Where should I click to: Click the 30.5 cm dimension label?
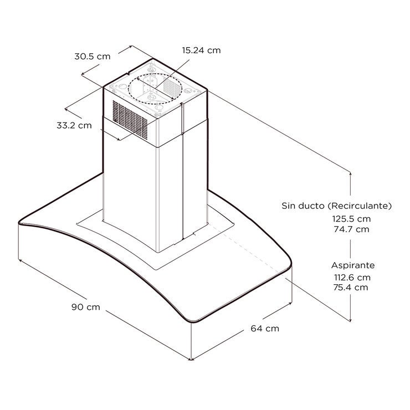93,57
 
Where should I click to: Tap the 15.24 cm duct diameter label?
201,50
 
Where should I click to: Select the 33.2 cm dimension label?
74,125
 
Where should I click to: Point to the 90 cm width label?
86,307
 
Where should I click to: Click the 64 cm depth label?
265,328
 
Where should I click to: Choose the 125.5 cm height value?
351,219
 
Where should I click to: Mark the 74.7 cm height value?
351,229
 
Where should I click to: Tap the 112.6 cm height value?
352,277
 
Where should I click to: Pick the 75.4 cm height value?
351,288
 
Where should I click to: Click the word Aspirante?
353,265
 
